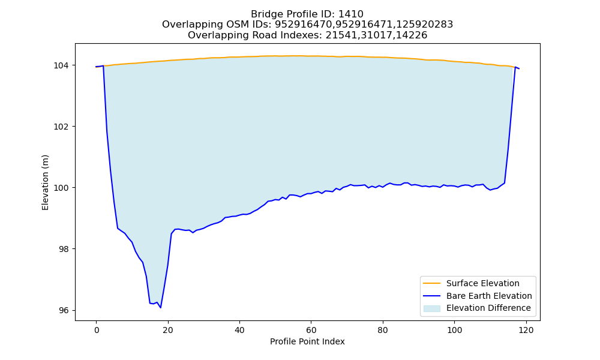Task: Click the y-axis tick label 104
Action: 61,65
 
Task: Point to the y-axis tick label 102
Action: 61,127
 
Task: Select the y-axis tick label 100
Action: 61,188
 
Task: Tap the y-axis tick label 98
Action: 64,249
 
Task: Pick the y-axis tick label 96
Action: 64,310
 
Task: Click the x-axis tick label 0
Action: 97,330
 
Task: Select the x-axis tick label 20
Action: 168,330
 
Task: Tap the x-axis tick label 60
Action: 311,330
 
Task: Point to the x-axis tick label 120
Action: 526,330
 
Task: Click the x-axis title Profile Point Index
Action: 307,341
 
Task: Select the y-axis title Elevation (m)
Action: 45,182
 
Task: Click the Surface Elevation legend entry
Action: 471,283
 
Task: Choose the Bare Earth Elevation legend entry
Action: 478,296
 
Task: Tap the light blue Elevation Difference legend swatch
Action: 431,308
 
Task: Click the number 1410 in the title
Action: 351,14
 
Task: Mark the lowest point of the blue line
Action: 161,308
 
